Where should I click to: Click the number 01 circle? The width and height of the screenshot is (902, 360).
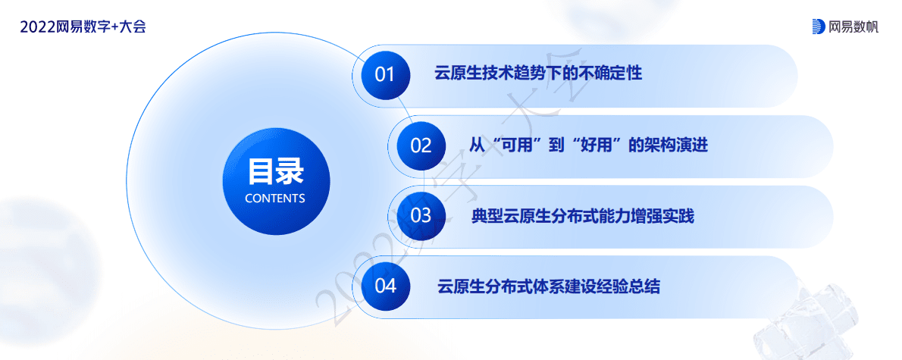pyautogui.click(x=386, y=74)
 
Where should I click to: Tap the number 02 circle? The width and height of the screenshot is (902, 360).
pyautogui.click(x=421, y=145)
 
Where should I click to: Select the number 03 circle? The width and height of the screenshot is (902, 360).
pyautogui.click(x=421, y=215)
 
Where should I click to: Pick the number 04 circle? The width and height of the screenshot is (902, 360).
pyautogui.click(x=386, y=286)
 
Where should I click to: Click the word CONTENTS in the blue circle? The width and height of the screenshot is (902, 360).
pyautogui.click(x=275, y=199)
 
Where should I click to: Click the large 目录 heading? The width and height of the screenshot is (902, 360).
pyautogui.click(x=275, y=172)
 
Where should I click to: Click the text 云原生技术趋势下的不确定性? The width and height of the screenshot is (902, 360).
pyautogui.click(x=538, y=74)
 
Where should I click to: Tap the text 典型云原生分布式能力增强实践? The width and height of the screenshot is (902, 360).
pyautogui.click(x=582, y=217)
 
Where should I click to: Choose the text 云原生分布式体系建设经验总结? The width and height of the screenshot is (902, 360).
pyautogui.click(x=549, y=287)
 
